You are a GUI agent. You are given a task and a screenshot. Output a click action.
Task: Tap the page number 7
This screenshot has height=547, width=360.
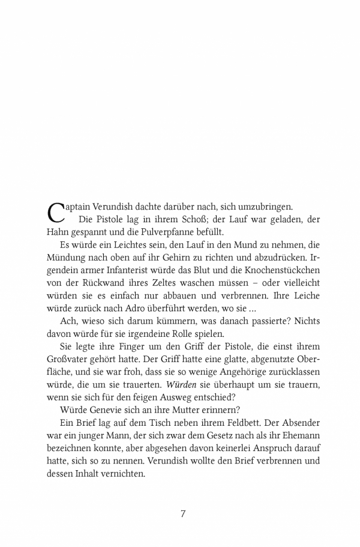coord(183,514)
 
